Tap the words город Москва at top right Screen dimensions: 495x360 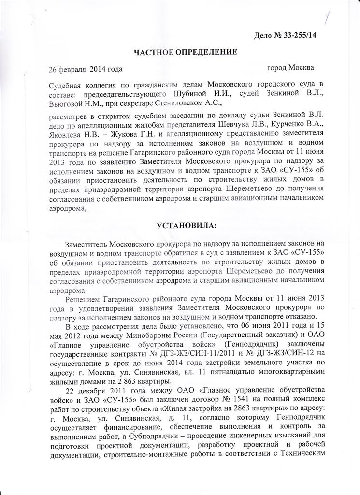(x=290, y=67)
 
